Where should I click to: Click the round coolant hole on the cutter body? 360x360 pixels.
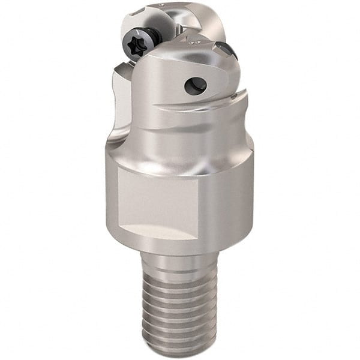[195, 86]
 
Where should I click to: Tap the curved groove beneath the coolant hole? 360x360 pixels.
[198, 111]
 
